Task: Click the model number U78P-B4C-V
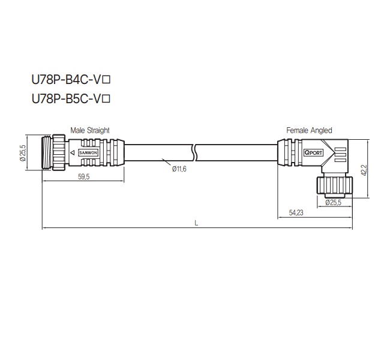[67, 78]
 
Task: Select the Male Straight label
[90, 130]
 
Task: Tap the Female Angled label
[309, 130]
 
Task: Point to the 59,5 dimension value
[83, 177]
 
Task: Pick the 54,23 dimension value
[296, 212]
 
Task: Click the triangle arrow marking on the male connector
[73, 154]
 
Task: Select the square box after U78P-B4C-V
[108, 79]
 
